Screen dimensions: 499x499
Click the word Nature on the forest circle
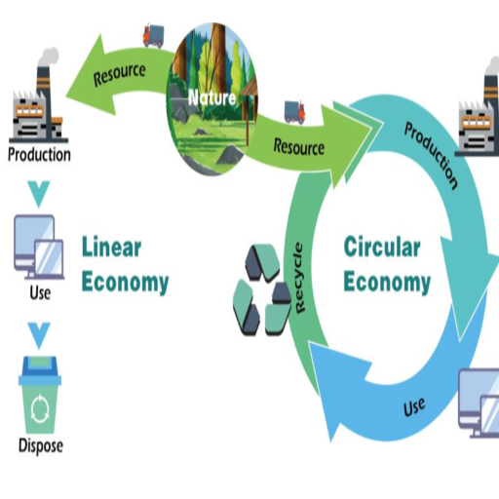212,97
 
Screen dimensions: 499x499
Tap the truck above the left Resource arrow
153,35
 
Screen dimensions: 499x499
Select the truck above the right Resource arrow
295,112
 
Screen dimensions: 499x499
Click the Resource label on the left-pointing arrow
119,75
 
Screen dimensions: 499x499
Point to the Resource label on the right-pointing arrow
299,147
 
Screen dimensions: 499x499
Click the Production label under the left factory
39,154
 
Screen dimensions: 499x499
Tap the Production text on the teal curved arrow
431,155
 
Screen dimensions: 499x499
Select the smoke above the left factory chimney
49,58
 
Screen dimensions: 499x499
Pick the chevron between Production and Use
39,194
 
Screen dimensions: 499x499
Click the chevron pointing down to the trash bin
39,335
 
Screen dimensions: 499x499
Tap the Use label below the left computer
40,292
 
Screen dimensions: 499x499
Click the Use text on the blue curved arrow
414,406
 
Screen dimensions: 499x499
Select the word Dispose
41,445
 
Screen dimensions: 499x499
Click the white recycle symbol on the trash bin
40,408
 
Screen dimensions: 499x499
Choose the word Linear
111,247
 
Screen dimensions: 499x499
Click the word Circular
382,247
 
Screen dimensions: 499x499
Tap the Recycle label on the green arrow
299,278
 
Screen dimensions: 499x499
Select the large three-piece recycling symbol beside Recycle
262,289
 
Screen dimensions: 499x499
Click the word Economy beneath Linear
125,283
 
